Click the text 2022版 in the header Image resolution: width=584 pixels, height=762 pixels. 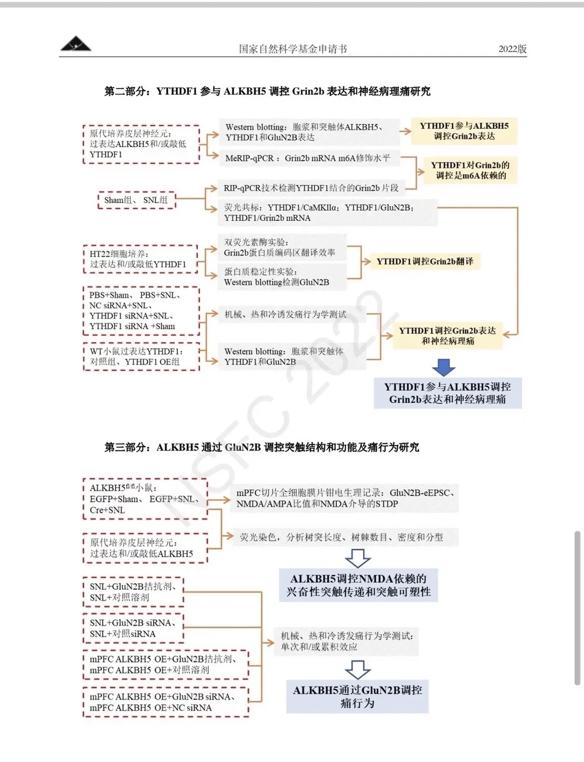(x=512, y=49)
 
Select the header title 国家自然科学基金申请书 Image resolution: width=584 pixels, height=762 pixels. (x=293, y=49)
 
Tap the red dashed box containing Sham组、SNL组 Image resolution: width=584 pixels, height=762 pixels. (x=136, y=200)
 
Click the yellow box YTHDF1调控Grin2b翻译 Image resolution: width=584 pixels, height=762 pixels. (x=424, y=261)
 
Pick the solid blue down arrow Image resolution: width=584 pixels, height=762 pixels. (x=444, y=367)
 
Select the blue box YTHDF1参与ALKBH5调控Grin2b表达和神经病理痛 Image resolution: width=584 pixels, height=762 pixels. (x=447, y=393)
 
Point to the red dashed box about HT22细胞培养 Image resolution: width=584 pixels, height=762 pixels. (x=140, y=259)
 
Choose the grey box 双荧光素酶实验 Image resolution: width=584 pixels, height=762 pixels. (x=282, y=247)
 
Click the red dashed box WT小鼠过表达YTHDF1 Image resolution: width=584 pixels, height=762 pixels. (x=141, y=356)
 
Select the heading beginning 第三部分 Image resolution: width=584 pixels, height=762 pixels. (x=262, y=447)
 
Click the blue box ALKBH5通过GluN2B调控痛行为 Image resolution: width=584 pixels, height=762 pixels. (x=357, y=696)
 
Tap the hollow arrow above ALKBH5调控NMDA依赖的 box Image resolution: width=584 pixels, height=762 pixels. (x=357, y=557)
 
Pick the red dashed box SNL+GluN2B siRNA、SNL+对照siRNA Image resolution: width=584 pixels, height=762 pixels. (x=133, y=628)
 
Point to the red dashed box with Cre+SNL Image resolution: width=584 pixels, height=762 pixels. (x=145, y=499)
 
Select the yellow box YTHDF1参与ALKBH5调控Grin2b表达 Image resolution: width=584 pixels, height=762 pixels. (x=464, y=131)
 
